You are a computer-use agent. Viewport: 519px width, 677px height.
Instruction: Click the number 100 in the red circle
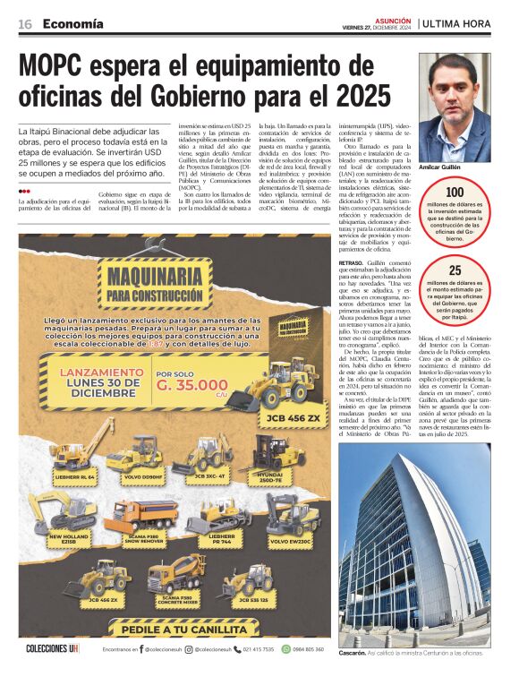pyautogui.click(x=455, y=192)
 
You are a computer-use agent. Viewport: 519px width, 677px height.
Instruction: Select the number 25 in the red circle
pyautogui.click(x=455, y=270)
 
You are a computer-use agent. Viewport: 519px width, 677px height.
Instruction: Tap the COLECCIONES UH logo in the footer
pyautogui.click(x=53, y=648)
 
